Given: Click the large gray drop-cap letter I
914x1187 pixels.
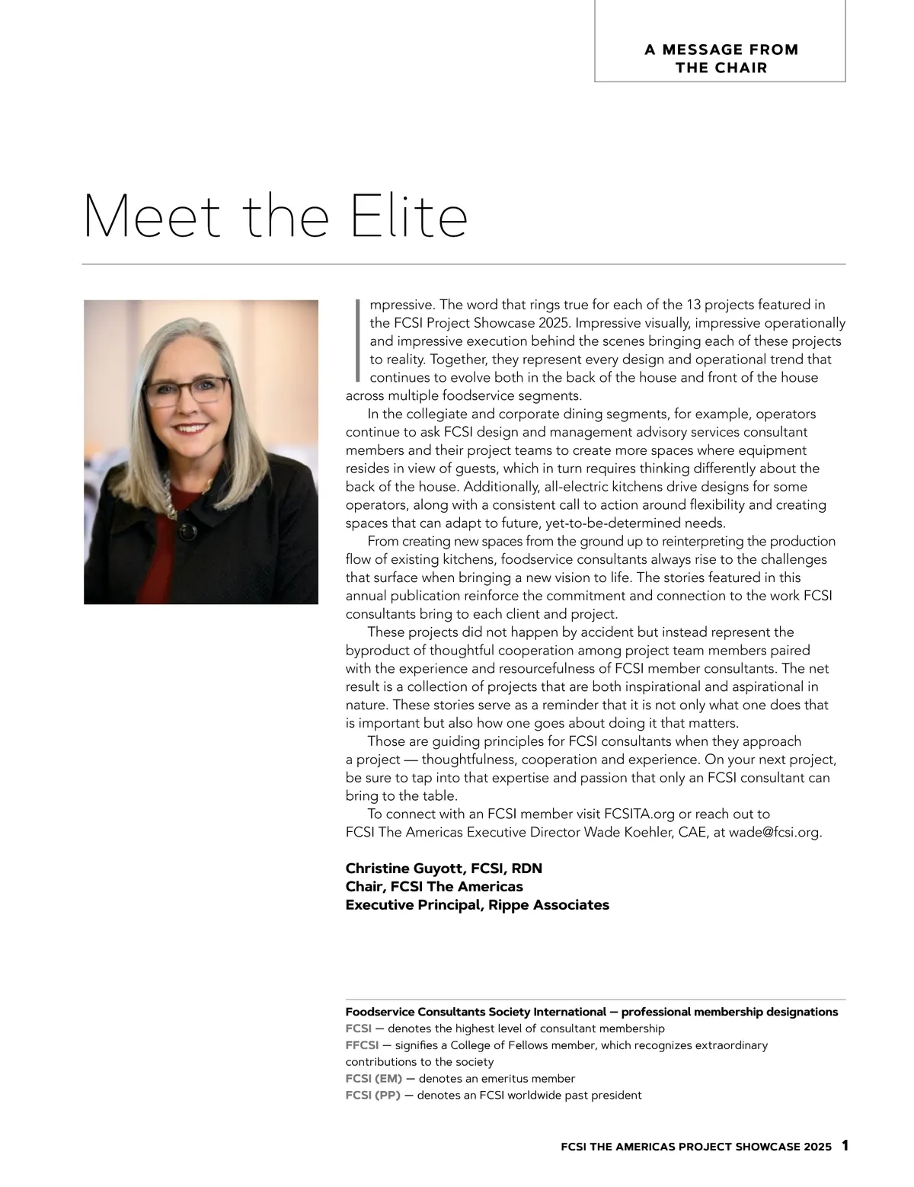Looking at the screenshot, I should (356, 341).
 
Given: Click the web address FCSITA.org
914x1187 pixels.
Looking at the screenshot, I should (639, 814).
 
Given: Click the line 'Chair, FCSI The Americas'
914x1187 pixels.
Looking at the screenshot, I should (434, 887).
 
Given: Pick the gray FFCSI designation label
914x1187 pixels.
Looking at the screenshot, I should (362, 1045).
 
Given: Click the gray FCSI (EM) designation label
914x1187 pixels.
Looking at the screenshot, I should (374, 1079).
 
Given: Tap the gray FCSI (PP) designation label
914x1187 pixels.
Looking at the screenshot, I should (373, 1096).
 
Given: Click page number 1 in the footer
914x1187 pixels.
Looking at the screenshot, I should (845, 1146).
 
